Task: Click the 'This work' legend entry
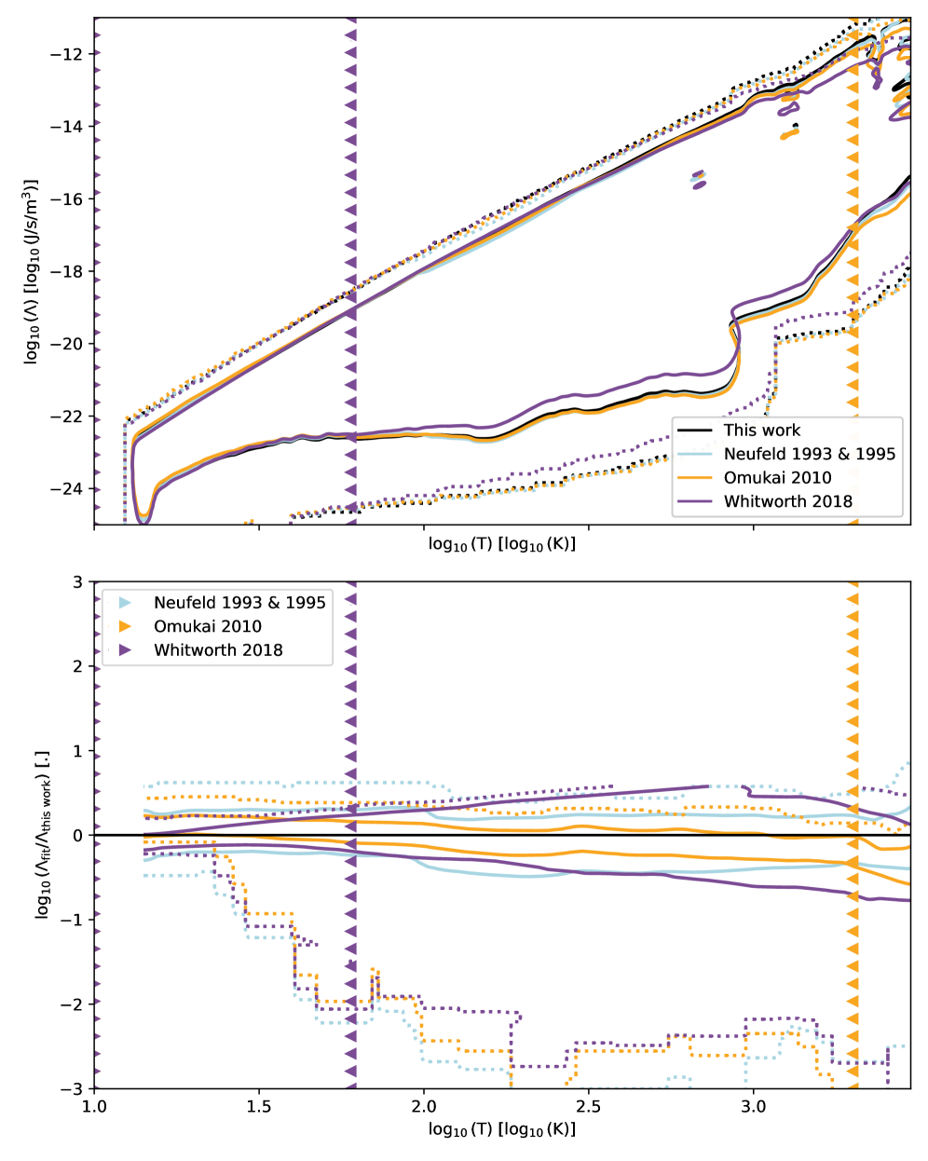[761, 430]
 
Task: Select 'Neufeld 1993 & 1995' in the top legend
[809, 454]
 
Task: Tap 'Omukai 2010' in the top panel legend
[777, 478]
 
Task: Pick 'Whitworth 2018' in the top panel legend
[787, 501]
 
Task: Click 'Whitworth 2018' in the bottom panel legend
[218, 650]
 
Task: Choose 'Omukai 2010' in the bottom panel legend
[207, 626]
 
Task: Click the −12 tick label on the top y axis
[67, 54]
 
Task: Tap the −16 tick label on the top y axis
[67, 199]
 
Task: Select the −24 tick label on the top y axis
[67, 489]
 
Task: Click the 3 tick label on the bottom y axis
[78, 582]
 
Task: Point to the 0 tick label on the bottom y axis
[78, 836]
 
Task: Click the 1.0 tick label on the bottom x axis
[94, 1106]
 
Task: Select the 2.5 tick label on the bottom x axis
[589, 1106]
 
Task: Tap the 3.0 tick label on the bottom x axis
[753, 1106]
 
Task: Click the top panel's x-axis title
[502, 544]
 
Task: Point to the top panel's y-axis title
[32, 271]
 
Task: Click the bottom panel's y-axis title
[42, 835]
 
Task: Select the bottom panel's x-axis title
[502, 1130]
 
